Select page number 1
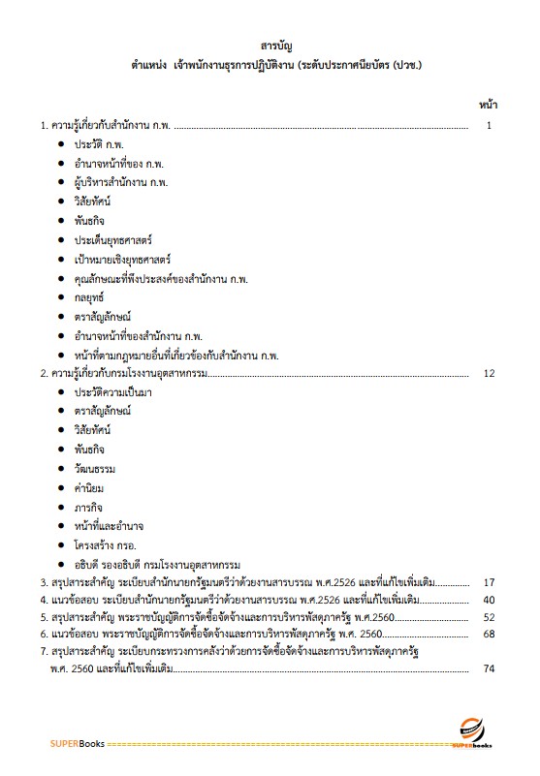tap(491, 126)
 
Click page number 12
tap(489, 373)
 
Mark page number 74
tap(489, 668)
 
